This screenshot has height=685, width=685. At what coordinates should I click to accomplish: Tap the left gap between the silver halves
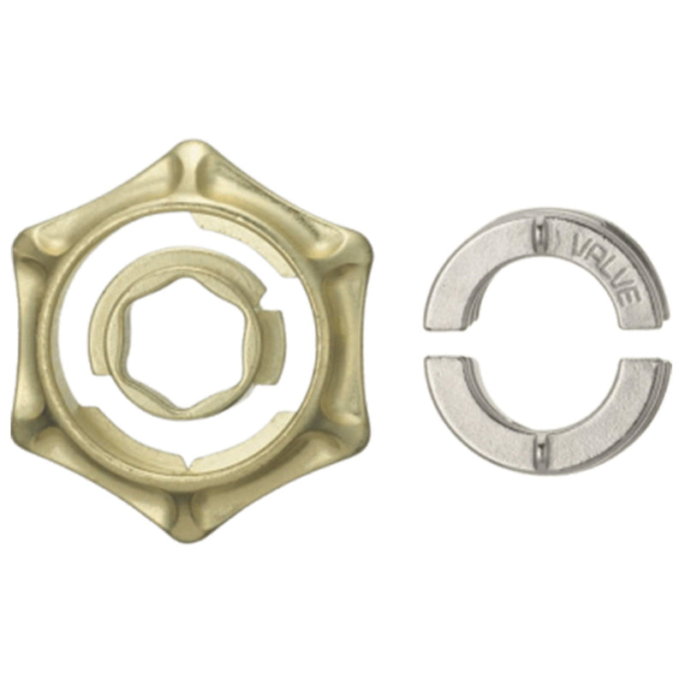(x=445, y=342)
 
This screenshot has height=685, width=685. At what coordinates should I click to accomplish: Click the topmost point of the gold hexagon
(x=196, y=147)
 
